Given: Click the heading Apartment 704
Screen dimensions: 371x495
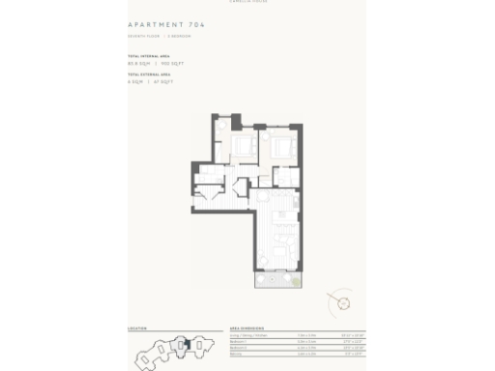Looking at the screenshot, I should (166, 24).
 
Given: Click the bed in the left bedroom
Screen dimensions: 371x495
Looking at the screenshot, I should (241, 148).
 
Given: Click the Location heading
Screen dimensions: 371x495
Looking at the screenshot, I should (137, 328).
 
